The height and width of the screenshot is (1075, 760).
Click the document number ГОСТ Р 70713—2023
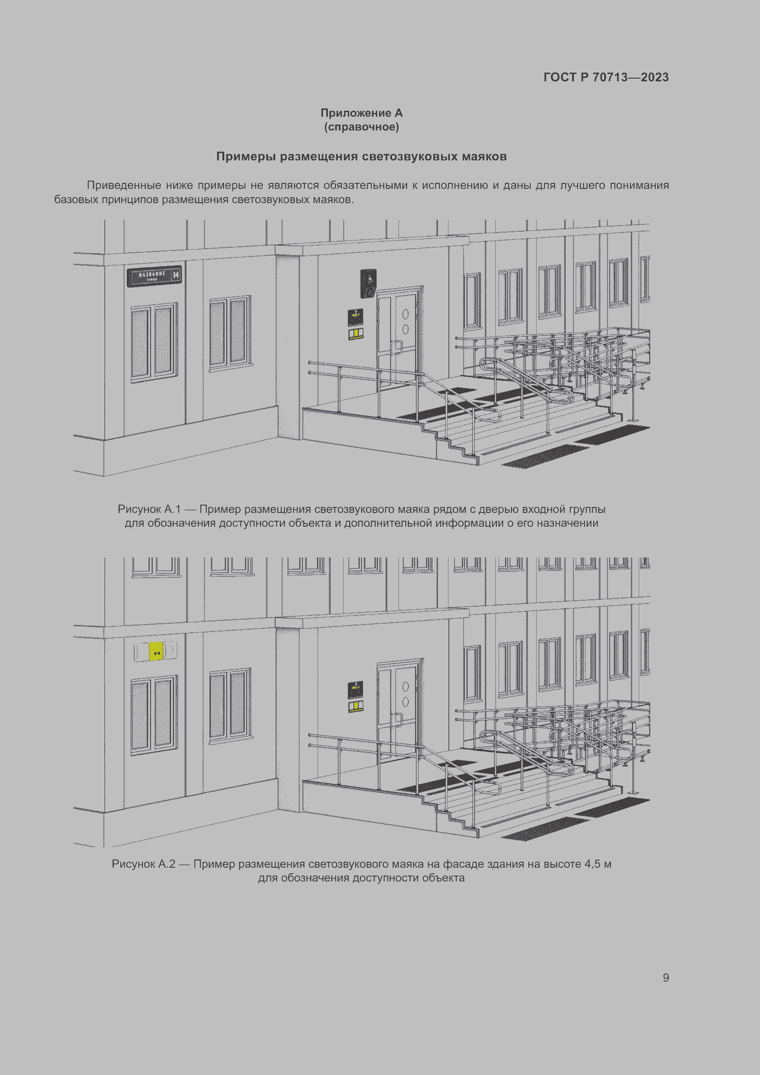coord(606,77)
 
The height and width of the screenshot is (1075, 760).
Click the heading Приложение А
coord(361,113)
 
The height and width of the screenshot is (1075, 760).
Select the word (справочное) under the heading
coord(361,127)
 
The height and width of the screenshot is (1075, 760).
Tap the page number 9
coord(666,978)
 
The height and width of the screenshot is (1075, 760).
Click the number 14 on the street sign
coord(176,274)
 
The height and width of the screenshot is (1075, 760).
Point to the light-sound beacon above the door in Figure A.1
coord(369,283)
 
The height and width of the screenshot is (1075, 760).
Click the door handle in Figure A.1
coord(397,347)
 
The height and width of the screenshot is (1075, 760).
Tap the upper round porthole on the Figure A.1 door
coord(405,314)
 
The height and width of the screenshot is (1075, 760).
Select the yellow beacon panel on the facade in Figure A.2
coord(156,651)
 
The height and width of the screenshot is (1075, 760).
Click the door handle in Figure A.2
coord(397,720)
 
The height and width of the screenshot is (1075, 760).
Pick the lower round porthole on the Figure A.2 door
coord(405,702)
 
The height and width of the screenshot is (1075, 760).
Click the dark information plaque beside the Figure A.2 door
coord(356,690)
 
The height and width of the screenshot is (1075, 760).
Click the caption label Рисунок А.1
coord(149,509)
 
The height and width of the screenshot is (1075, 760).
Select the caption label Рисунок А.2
coord(144,864)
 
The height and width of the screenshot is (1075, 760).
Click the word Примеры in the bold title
coord(247,156)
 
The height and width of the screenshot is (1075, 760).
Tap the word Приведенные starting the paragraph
coord(124,185)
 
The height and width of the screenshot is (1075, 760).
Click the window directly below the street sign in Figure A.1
coord(154,342)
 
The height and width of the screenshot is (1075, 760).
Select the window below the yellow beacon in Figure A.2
coord(154,715)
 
